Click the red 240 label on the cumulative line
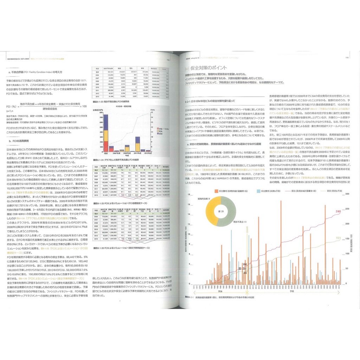338,211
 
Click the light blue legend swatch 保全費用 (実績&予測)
258,191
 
